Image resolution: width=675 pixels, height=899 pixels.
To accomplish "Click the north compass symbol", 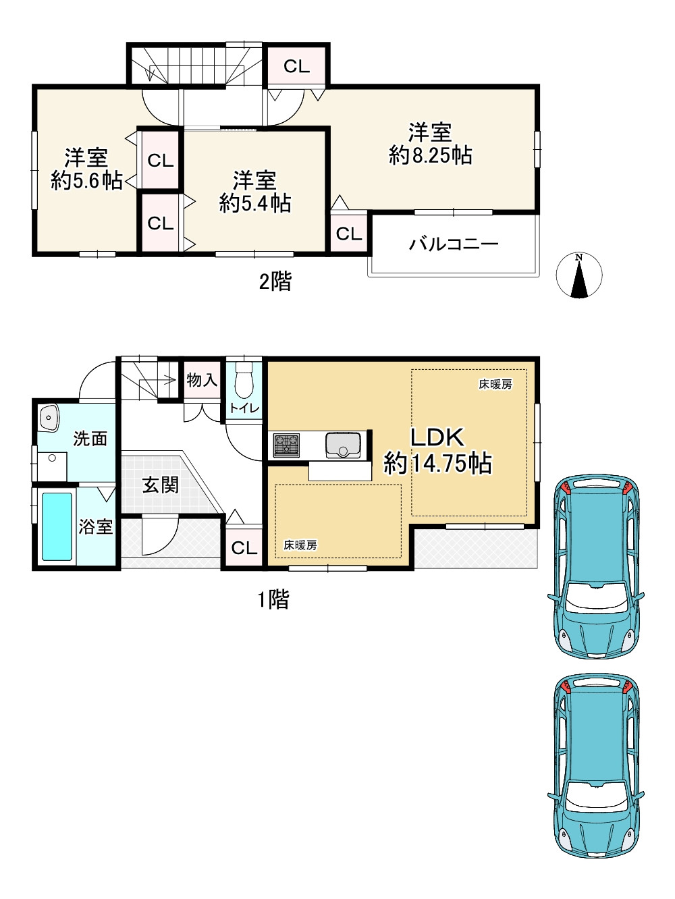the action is (578, 275).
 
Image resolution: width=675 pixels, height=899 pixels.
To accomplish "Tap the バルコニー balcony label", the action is (454, 244).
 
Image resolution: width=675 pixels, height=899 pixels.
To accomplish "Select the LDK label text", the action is (437, 437).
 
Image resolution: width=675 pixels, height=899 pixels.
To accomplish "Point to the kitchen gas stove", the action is (287, 445).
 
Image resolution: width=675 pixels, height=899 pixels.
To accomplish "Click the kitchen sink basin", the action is (343, 445).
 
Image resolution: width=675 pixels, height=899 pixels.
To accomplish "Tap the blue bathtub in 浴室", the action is (57, 526).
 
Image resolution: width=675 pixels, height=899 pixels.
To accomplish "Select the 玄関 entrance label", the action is (160, 485).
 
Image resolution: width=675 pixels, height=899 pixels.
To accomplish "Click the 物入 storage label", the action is (202, 380).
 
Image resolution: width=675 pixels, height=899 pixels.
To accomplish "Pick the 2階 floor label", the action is (275, 282).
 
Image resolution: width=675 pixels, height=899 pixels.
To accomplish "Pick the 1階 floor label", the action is (273, 599).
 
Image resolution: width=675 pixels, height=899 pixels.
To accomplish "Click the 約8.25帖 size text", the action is (430, 156).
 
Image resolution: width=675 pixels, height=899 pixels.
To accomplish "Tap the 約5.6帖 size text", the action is (87, 181).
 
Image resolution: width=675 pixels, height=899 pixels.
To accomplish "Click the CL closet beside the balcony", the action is (349, 234).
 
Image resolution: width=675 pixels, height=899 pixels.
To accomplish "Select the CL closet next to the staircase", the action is (296, 66).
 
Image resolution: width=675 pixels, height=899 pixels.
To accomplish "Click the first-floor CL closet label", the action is (244, 548).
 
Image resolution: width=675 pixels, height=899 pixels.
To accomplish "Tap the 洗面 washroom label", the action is (90, 439).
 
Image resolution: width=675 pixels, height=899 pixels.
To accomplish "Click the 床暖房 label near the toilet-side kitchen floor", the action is (300, 545).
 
